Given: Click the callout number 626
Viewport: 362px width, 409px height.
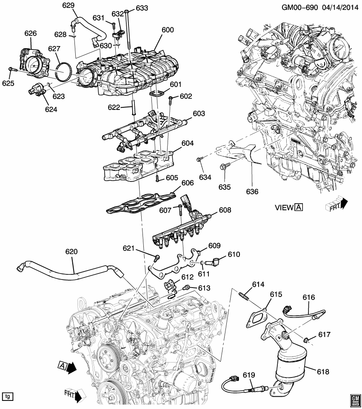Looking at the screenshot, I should pos(31,33).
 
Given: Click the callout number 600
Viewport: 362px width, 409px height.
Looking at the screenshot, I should pos(168,30).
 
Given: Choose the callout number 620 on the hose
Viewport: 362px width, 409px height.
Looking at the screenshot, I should pos(71,252).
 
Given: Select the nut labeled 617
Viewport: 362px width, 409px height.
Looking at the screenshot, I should pos(306,340).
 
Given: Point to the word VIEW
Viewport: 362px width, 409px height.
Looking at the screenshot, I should pos(284,207).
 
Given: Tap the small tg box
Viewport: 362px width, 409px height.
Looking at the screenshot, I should pos(7,396).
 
